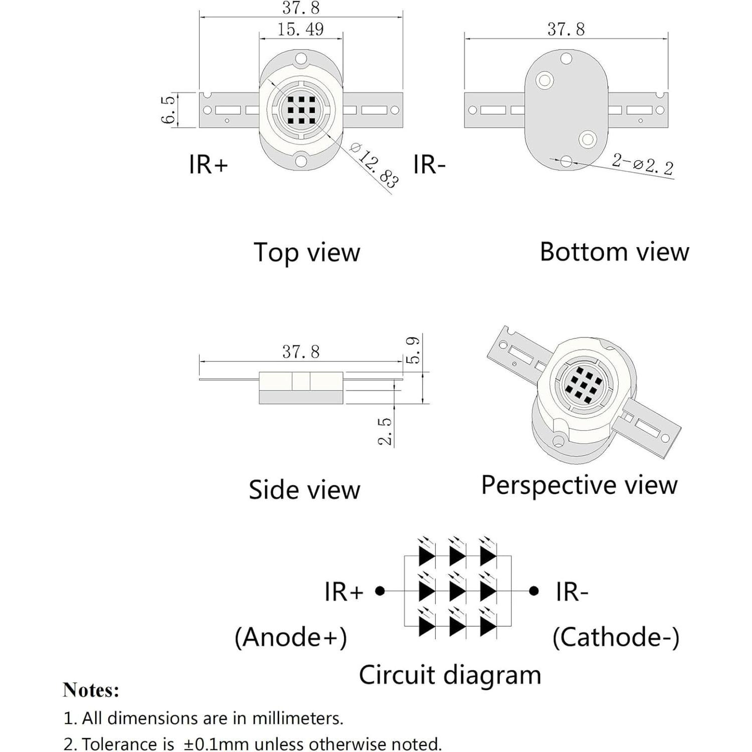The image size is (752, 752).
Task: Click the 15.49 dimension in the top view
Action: tap(301, 30)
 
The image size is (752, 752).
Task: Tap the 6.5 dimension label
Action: tap(168, 110)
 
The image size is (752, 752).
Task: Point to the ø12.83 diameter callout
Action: tap(374, 165)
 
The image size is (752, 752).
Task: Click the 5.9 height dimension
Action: tap(413, 350)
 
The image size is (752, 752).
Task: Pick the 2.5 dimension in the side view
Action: tap(385, 431)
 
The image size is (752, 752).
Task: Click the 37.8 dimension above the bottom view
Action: tap(566, 30)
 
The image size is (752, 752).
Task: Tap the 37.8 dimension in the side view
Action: tap(301, 352)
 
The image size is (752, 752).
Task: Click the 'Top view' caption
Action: tap(307, 252)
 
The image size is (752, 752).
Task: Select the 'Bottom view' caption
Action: tap(614, 252)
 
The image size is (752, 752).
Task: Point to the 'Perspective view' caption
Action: tap(579, 485)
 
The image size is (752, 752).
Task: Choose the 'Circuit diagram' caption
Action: tap(450, 675)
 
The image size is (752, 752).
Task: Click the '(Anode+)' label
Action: tap(291, 637)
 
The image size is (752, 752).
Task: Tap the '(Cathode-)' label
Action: tap(616, 637)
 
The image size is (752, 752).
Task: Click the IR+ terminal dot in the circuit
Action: tap(380, 591)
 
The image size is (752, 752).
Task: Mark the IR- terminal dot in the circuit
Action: tap(534, 591)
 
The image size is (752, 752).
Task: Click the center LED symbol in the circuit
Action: tap(457, 591)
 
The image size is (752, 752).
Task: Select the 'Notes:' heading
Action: tap(91, 690)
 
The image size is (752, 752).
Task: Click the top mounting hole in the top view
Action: tap(301, 59)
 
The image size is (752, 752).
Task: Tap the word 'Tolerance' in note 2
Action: tap(128, 744)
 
